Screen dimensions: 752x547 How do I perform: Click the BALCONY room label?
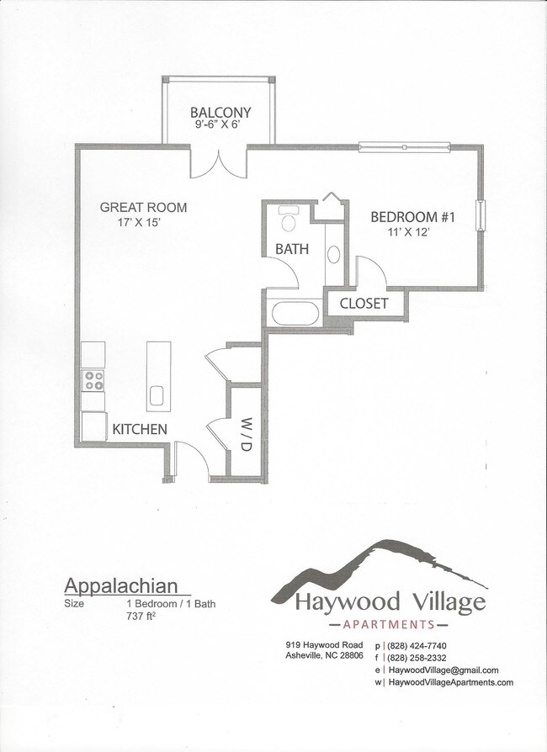pyautogui.click(x=220, y=113)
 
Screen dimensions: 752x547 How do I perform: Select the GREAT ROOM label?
pyautogui.click(x=143, y=207)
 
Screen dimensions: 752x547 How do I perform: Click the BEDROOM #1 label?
pyautogui.click(x=412, y=217)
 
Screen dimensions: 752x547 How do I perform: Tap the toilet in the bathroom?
pyautogui.click(x=289, y=220)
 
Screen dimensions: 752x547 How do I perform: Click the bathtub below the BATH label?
pyautogui.click(x=295, y=314)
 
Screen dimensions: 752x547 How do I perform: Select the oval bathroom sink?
pyautogui.click(x=333, y=255)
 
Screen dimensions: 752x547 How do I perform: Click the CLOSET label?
pyautogui.click(x=364, y=303)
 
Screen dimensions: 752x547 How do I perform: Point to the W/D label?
pyautogui.click(x=246, y=432)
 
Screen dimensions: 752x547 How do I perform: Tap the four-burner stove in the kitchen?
pyautogui.click(x=93, y=380)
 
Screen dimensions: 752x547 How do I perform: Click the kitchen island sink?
pyautogui.click(x=158, y=395)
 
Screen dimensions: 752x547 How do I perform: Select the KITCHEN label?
pyautogui.click(x=140, y=430)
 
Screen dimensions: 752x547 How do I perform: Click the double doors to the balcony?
pyautogui.click(x=218, y=163)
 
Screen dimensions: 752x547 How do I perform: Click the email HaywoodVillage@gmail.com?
pyautogui.click(x=444, y=670)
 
